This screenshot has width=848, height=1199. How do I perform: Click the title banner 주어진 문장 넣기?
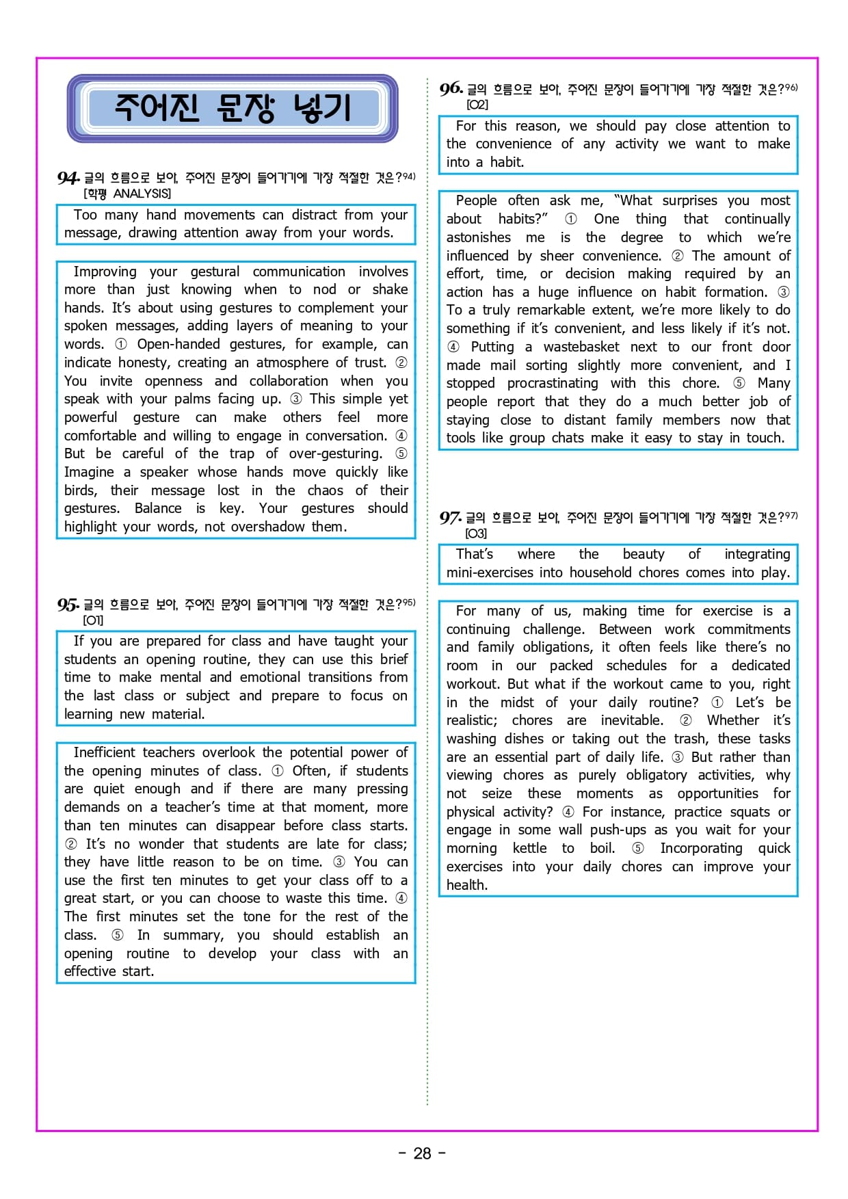233,108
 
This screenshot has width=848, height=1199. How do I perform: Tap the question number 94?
68,179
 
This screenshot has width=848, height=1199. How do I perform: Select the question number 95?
68,605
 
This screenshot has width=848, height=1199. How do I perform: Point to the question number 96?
451,89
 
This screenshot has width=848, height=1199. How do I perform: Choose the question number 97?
450,518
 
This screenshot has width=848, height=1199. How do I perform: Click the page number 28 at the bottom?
423,1154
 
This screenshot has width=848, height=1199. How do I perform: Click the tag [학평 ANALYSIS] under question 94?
127,194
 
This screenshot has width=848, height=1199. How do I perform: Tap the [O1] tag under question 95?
93,620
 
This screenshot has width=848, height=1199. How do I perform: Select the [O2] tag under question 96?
477,105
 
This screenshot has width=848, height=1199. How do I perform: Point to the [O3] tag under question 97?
476,533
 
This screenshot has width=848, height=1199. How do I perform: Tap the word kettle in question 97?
529,848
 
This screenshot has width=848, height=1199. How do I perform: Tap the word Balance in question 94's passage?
158,508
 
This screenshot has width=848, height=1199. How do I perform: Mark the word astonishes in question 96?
478,237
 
